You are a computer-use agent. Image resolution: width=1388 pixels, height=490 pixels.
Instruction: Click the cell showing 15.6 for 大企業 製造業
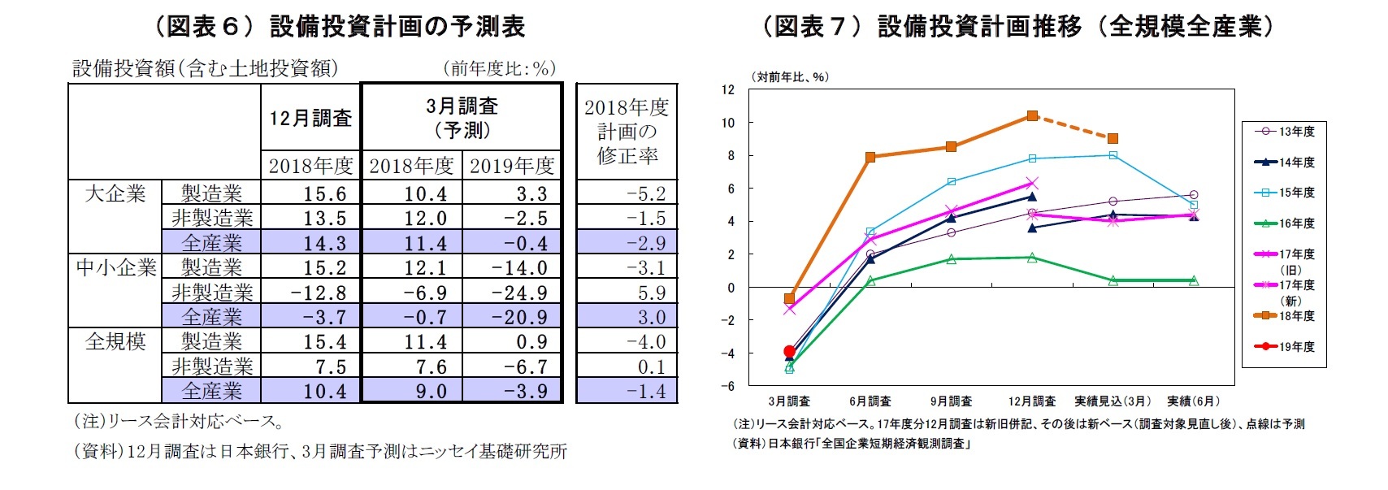click(324, 193)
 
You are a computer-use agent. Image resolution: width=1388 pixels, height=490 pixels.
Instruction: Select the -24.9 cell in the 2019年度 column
click(519, 293)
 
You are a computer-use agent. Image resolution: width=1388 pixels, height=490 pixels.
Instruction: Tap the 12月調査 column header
click(310, 119)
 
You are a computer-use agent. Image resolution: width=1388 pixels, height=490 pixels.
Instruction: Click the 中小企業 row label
click(115, 267)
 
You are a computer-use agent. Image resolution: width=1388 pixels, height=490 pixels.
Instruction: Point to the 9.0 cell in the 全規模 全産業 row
click(431, 392)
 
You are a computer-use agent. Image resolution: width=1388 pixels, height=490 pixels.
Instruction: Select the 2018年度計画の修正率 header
click(627, 131)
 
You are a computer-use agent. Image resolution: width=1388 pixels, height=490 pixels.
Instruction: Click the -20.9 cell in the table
click(519, 317)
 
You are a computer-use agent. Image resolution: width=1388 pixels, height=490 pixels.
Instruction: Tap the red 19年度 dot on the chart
click(789, 352)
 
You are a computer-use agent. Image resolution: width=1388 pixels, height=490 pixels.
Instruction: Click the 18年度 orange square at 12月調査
click(1032, 116)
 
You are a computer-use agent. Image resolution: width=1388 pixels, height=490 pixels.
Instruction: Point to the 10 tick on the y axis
click(728, 123)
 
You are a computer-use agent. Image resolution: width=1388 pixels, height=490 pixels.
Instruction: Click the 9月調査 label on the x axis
click(951, 401)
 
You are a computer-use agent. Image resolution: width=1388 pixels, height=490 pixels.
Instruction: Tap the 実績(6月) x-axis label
click(1193, 401)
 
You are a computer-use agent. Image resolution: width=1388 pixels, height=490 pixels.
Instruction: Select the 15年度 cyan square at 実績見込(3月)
click(1113, 155)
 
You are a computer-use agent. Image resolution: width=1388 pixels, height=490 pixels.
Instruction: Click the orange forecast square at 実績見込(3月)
click(1113, 138)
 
